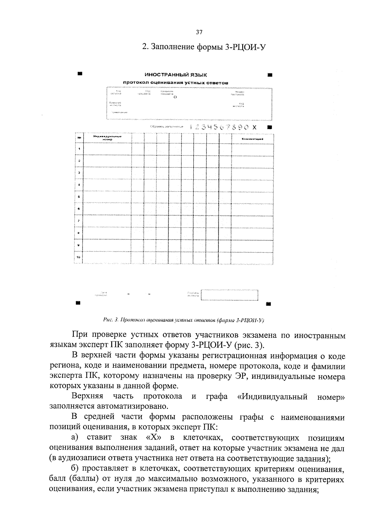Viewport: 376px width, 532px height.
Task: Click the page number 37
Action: pos(199,32)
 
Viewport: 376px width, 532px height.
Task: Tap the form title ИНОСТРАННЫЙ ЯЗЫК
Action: pos(175,75)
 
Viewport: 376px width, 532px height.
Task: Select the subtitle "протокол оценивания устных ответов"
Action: pos(175,83)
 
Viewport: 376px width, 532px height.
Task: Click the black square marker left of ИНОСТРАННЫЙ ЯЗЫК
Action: pos(80,74)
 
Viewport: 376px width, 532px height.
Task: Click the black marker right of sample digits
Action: pos(270,128)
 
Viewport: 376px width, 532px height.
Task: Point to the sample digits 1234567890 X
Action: pos(223,127)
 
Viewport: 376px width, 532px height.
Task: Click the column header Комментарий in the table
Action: pos(253,139)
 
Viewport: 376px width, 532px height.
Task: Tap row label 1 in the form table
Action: pos(79,149)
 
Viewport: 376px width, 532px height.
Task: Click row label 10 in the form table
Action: pos(79,257)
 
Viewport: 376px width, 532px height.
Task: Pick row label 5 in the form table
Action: pos(79,197)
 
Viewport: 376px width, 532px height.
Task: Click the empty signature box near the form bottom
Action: pos(229,295)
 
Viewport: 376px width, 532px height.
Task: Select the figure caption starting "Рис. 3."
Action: pos(184,320)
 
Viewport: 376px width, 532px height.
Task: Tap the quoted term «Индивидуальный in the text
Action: pos(272,397)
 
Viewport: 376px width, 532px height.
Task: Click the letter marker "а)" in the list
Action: pos(77,438)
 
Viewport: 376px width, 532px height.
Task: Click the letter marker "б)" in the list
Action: pos(77,469)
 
